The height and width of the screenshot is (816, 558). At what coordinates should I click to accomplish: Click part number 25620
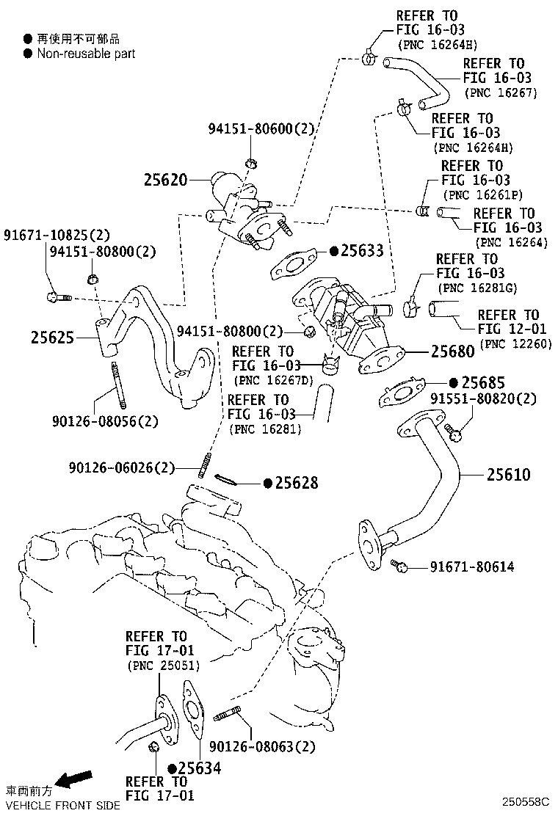(x=167, y=180)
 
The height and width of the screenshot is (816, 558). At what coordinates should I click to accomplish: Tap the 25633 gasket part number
(x=361, y=251)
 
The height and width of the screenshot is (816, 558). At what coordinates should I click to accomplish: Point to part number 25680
(x=453, y=351)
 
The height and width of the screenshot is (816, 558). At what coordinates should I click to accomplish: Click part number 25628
(x=297, y=482)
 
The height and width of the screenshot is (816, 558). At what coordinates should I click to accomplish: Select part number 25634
(x=200, y=768)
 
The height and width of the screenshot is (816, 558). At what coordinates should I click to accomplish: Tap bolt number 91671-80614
(x=472, y=567)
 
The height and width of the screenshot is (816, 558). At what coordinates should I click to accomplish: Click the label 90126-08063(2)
(x=262, y=747)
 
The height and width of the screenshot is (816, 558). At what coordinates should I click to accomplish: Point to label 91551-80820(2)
(x=483, y=398)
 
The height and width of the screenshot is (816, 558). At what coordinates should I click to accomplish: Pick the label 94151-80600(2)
(x=261, y=129)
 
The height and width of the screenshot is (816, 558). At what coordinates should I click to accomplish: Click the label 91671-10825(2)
(x=57, y=236)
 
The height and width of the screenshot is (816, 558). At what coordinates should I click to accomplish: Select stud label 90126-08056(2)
(x=105, y=421)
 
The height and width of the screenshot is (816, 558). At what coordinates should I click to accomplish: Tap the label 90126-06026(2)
(x=123, y=467)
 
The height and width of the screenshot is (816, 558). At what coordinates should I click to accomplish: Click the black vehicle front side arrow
(x=76, y=779)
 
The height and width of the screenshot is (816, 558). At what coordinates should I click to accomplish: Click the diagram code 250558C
(x=526, y=803)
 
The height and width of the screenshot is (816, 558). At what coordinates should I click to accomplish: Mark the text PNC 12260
(x=515, y=343)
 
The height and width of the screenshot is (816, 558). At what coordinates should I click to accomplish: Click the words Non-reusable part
(x=86, y=54)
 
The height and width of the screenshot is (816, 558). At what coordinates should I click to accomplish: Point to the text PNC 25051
(x=163, y=666)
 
